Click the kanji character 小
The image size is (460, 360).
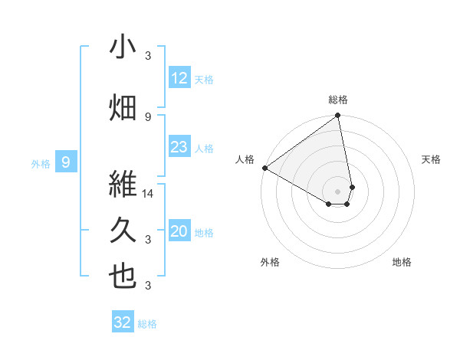pos(123,47)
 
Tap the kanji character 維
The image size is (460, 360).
pos(123,185)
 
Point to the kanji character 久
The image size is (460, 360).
pos(123,230)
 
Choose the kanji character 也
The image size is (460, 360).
pos(123,276)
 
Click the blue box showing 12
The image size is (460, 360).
pos(179,78)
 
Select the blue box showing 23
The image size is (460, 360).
pos(179,147)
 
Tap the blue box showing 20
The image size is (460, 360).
pos(179,232)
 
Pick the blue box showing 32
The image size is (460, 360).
pos(123,322)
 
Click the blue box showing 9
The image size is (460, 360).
pos(66,162)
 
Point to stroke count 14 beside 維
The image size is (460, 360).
pos(149,195)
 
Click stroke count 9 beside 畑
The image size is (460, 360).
pos(148,116)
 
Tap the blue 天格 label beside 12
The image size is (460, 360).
pos(204,79)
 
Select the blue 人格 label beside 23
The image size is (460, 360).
pos(204,148)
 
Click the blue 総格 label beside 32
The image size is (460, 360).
pos(147,323)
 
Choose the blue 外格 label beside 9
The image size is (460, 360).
pos(40,162)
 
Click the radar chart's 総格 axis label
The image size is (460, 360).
pos(338,100)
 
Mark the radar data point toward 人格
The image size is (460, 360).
pos(264,168)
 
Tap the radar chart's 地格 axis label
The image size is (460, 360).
pos(402,262)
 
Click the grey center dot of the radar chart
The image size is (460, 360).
pos(338,191)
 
